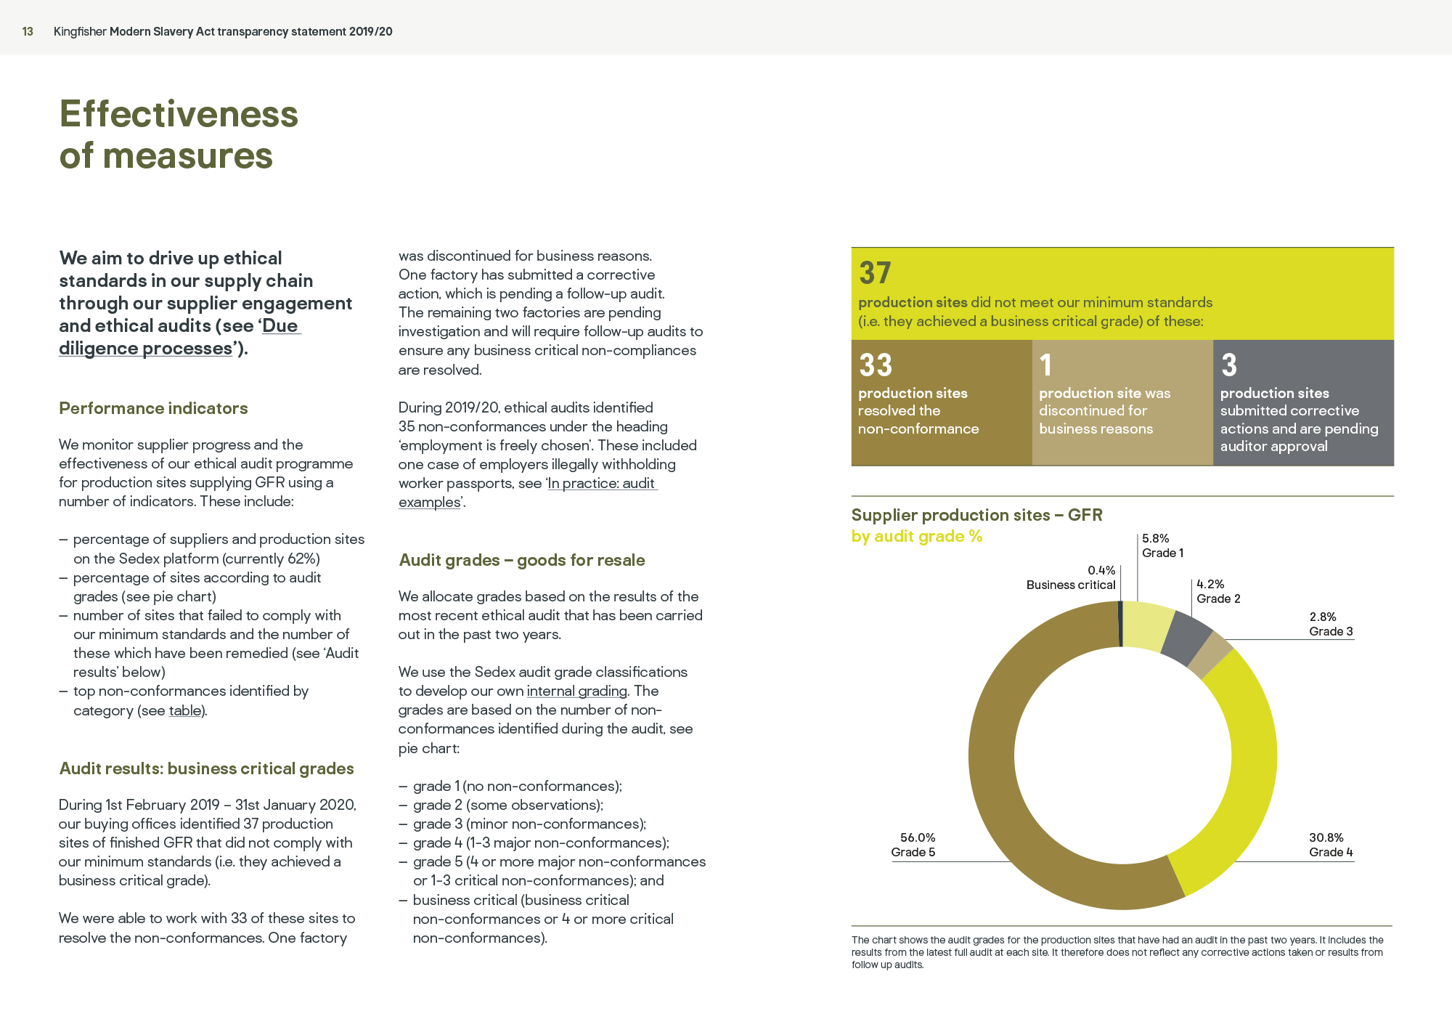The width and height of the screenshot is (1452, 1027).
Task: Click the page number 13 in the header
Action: (28, 31)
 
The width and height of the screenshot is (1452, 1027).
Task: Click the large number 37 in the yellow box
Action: (875, 273)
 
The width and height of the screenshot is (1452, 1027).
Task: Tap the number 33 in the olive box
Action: (876, 365)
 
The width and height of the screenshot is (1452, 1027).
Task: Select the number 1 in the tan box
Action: (1045, 365)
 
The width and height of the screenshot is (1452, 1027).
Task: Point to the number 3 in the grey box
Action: (1228, 365)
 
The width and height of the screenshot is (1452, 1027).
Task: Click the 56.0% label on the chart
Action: (918, 837)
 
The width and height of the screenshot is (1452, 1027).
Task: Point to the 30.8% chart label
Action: (1326, 837)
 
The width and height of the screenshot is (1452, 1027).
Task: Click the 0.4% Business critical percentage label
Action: (1101, 570)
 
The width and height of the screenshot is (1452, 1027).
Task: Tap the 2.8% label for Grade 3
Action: (1323, 617)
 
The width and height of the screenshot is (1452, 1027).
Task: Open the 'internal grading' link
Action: (576, 691)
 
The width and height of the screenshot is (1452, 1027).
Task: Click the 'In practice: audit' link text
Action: (602, 483)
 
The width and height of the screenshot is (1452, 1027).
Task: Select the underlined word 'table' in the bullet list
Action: (184, 710)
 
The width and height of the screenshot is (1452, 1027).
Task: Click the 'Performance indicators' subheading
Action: (153, 408)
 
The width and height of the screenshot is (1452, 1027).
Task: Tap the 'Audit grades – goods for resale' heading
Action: (522, 560)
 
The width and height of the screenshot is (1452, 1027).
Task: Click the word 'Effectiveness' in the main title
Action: (179, 114)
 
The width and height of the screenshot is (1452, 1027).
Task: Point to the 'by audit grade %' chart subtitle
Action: (917, 536)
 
